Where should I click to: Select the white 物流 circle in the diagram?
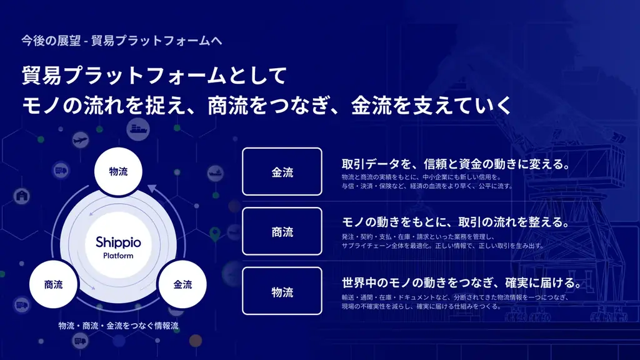pyautogui.click(x=118, y=171)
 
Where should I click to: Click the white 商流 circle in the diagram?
pyautogui.click(x=53, y=284)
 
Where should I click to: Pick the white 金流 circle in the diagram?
pyautogui.click(x=182, y=284)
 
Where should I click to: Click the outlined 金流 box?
pyautogui.click(x=282, y=172)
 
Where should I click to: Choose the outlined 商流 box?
pyautogui.click(x=282, y=232)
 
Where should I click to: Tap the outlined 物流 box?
pyautogui.click(x=282, y=291)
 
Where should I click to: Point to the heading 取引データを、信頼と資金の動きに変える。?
pyautogui.click(x=455, y=164)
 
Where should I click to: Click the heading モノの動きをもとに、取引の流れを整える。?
pyautogui.click(x=455, y=223)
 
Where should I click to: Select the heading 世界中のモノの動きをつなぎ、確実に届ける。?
pyautogui.click(x=462, y=282)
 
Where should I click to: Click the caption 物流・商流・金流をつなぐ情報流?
pyautogui.click(x=119, y=326)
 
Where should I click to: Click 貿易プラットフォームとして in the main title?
pyautogui.click(x=154, y=76)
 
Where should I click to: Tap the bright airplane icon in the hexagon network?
pyautogui.click(x=79, y=140)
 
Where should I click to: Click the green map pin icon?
pyautogui.click(x=216, y=234)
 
